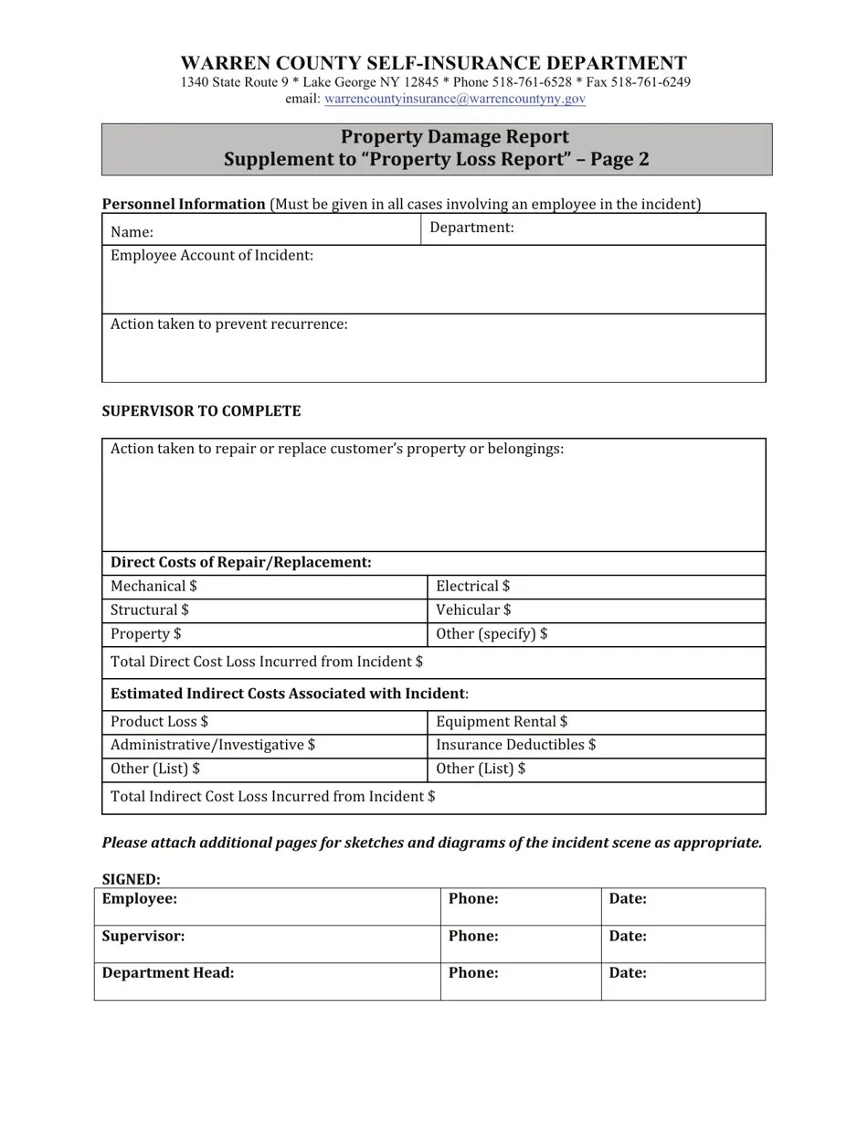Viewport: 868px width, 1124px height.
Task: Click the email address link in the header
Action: point(454,99)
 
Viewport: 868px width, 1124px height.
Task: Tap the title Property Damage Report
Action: point(454,137)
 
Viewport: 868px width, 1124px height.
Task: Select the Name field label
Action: point(132,233)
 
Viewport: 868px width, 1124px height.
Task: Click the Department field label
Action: point(471,228)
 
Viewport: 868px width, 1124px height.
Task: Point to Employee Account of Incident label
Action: point(212,256)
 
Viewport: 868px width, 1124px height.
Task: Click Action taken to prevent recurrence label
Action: point(228,324)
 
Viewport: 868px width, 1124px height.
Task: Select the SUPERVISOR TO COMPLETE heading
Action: point(201,411)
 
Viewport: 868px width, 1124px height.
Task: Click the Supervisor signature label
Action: point(143,937)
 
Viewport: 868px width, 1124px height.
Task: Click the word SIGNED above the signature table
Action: point(131,880)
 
